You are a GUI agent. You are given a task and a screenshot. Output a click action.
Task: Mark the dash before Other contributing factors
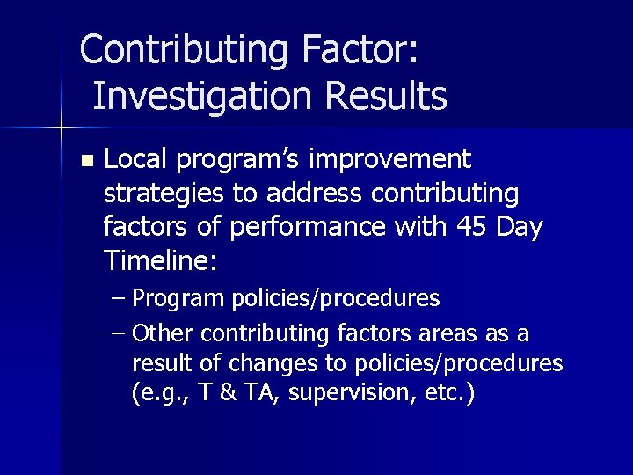point(120,334)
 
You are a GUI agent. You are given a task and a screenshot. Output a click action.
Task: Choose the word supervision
point(338,393)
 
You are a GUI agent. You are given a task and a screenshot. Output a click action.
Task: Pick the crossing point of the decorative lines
point(60,128)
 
